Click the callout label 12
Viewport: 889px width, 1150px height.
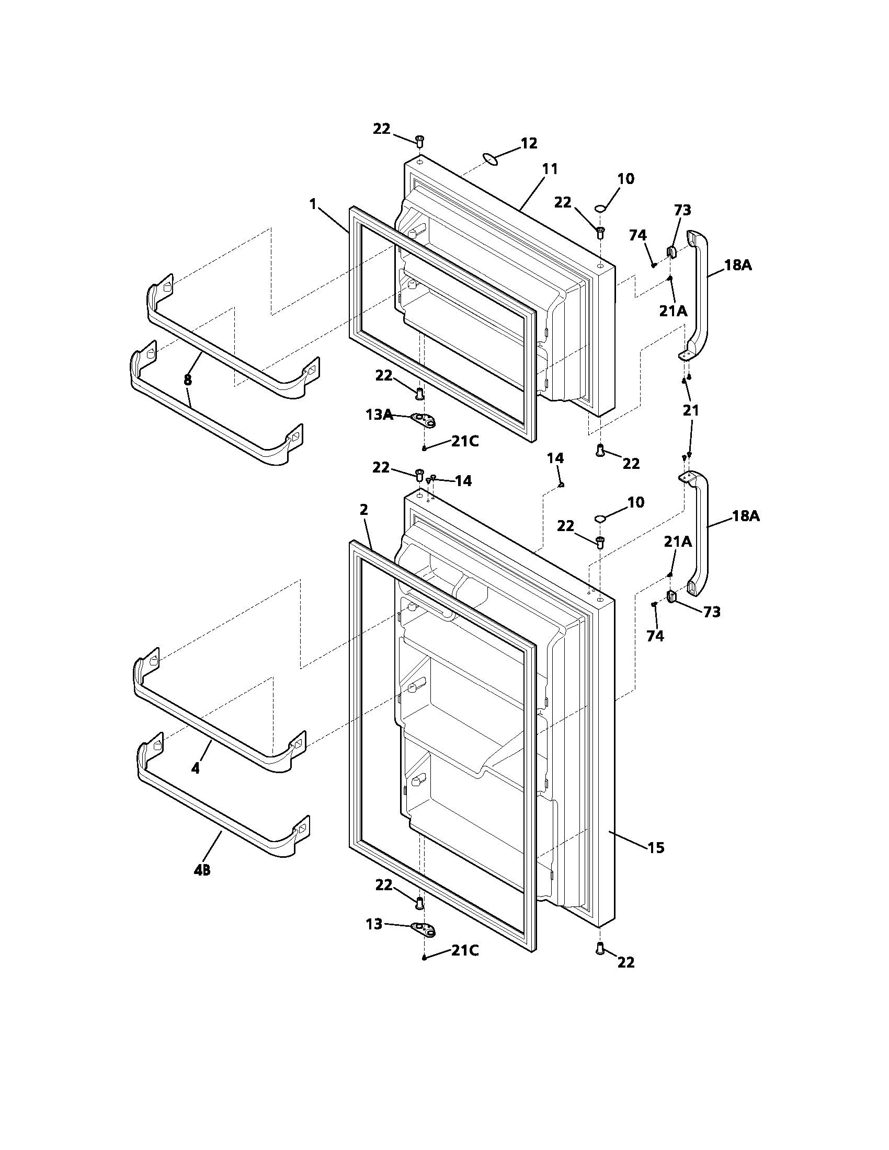pyautogui.click(x=529, y=143)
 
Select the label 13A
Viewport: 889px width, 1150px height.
pyautogui.click(x=379, y=415)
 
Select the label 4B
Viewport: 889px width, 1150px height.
pyautogui.click(x=202, y=870)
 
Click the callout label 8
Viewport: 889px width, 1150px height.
pyautogui.click(x=188, y=379)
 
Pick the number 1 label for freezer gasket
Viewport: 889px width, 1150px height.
pyautogui.click(x=313, y=204)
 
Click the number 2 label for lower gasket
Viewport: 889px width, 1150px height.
pyautogui.click(x=363, y=509)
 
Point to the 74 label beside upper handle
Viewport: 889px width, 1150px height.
pyautogui.click(x=637, y=235)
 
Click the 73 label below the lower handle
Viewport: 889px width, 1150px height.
pyautogui.click(x=712, y=612)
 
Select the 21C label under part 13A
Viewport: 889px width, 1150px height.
pyautogui.click(x=464, y=441)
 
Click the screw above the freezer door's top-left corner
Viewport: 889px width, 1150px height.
pyautogui.click(x=420, y=141)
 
